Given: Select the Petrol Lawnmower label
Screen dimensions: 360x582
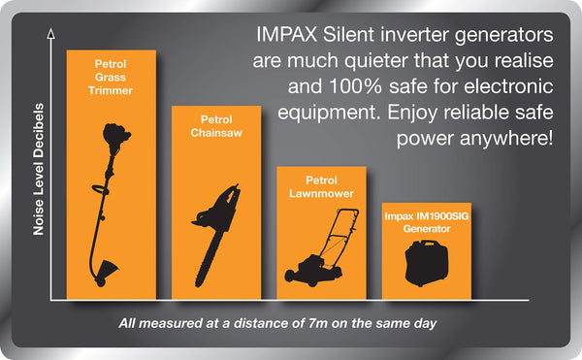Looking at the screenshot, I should [x=321, y=187].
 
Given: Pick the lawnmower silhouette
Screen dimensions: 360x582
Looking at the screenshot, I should [x=316, y=248].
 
